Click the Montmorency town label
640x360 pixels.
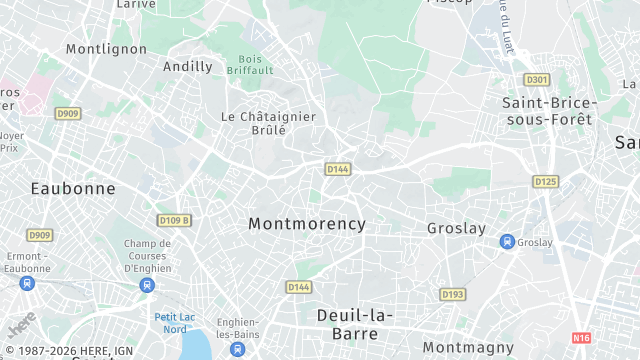tap(307, 224)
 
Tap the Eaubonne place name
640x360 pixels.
tap(73, 188)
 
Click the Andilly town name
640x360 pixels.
tap(188, 67)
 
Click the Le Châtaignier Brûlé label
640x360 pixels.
tap(268, 123)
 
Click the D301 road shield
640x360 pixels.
tap(537, 79)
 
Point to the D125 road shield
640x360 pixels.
tap(545, 181)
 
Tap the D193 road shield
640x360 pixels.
tap(453, 294)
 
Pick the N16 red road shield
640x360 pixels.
tap(581, 338)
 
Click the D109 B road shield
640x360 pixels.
tap(174, 220)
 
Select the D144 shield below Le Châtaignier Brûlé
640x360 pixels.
tap(337, 169)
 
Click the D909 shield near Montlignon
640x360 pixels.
tap(67, 114)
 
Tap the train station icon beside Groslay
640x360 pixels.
tap(507, 242)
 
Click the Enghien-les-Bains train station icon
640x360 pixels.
tap(237, 349)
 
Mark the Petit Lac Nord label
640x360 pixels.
tap(174, 323)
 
